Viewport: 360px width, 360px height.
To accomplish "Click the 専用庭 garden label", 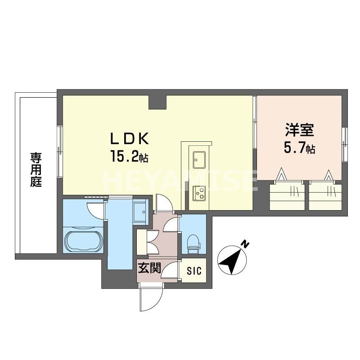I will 36,171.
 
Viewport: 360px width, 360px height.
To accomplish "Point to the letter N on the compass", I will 245,244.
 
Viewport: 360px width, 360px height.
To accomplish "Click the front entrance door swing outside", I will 151,299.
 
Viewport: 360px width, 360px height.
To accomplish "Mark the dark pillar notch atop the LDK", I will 157,102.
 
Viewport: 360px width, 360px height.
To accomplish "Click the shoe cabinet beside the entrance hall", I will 142,243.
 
